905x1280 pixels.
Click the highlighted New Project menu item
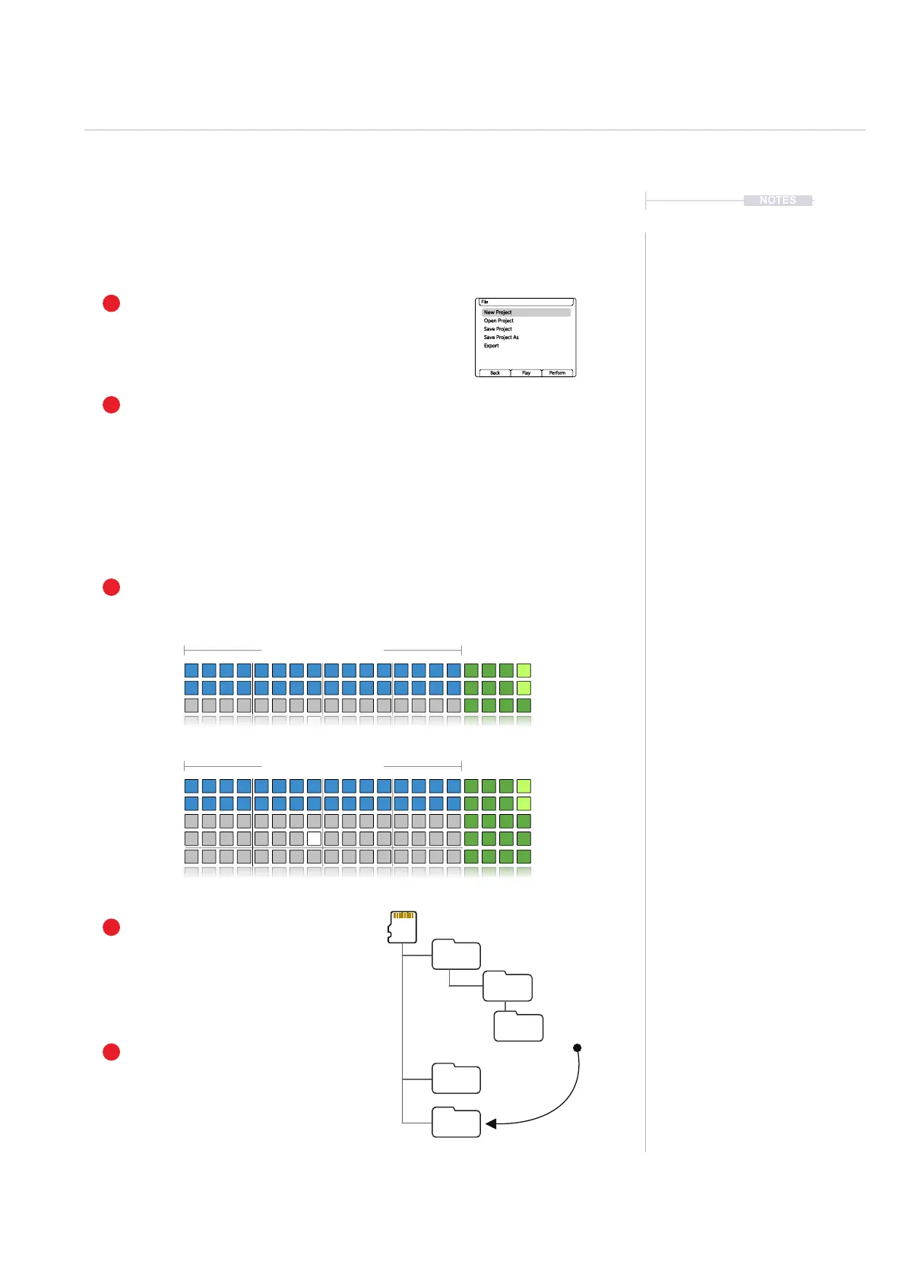pyautogui.click(x=498, y=312)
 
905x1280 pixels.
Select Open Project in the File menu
pyautogui.click(x=498, y=321)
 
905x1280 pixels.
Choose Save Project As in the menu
pyautogui.click(x=502, y=337)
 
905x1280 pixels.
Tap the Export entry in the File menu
pyautogui.click(x=492, y=346)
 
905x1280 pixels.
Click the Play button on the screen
pyautogui.click(x=526, y=373)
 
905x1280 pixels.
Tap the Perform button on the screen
pyautogui.click(x=557, y=373)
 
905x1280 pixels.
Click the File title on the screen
pyautogui.click(x=485, y=302)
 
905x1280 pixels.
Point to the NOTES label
pyautogui.click(x=777, y=201)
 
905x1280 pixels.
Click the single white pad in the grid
pyautogui.click(x=314, y=839)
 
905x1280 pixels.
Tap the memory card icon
pyautogui.click(x=403, y=927)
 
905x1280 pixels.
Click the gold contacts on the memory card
pyautogui.click(x=403, y=916)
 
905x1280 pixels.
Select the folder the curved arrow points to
pyautogui.click(x=456, y=1123)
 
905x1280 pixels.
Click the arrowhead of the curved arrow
pyautogui.click(x=491, y=1123)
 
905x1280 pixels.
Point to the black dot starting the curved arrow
pyautogui.click(x=577, y=1048)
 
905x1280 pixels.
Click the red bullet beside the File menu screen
pyautogui.click(x=111, y=303)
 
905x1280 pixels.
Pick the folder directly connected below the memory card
pyautogui.click(x=456, y=955)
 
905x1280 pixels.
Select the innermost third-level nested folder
pyautogui.click(x=518, y=1027)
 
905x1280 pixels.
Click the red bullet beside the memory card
pyautogui.click(x=111, y=927)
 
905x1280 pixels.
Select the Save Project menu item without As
pyautogui.click(x=498, y=329)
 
